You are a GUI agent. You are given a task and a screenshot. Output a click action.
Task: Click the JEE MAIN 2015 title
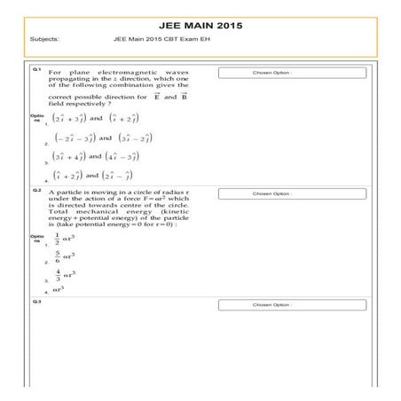200,27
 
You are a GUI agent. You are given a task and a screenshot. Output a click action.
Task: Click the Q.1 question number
36,69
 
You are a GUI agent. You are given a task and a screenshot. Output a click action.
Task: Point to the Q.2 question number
36,190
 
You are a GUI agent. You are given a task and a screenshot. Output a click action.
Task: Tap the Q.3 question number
36,303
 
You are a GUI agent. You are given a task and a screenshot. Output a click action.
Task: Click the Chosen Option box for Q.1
272,73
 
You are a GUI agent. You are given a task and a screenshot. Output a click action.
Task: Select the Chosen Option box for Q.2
272,193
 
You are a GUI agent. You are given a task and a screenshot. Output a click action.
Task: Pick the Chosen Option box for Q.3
272,305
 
